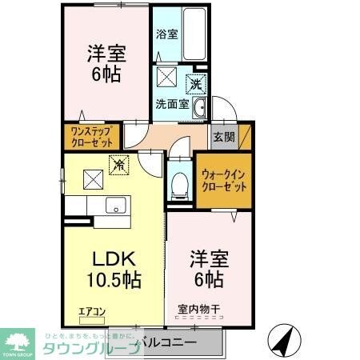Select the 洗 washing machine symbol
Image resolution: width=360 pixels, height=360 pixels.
[195, 83]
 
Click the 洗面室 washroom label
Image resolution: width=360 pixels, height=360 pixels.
[172, 103]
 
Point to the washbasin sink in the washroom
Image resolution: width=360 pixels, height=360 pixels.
[201, 109]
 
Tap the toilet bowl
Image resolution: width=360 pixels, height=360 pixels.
[179, 185]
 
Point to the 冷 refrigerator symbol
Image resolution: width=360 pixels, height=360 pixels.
[118, 166]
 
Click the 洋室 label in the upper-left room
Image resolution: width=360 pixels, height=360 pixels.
[106, 55]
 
